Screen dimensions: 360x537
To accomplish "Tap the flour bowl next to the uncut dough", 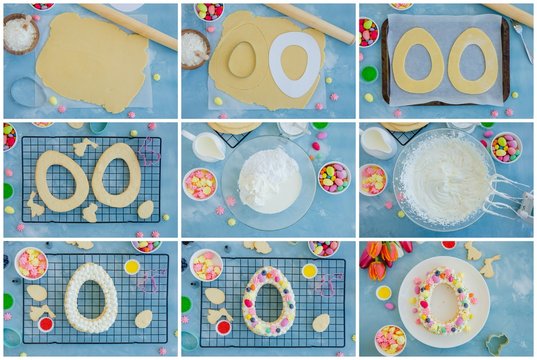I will pyautogui.click(x=19, y=34).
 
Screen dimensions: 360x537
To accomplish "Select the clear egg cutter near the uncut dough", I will pyautogui.click(x=27, y=92).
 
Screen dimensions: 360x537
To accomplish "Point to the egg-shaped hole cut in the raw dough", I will pyautogui.click(x=241, y=60).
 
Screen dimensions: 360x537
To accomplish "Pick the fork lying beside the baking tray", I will pyautogui.click(x=522, y=40).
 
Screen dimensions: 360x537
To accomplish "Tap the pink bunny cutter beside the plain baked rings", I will pyautogui.click(x=150, y=151).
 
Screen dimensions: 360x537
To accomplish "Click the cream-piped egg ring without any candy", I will pyautogui.click(x=91, y=298).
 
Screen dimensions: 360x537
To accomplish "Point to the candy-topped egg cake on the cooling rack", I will pyautogui.click(x=268, y=300).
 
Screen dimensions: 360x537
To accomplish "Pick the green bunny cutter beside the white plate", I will pyautogui.click(x=497, y=343).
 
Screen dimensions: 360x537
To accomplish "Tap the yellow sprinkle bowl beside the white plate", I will pyautogui.click(x=384, y=293).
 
